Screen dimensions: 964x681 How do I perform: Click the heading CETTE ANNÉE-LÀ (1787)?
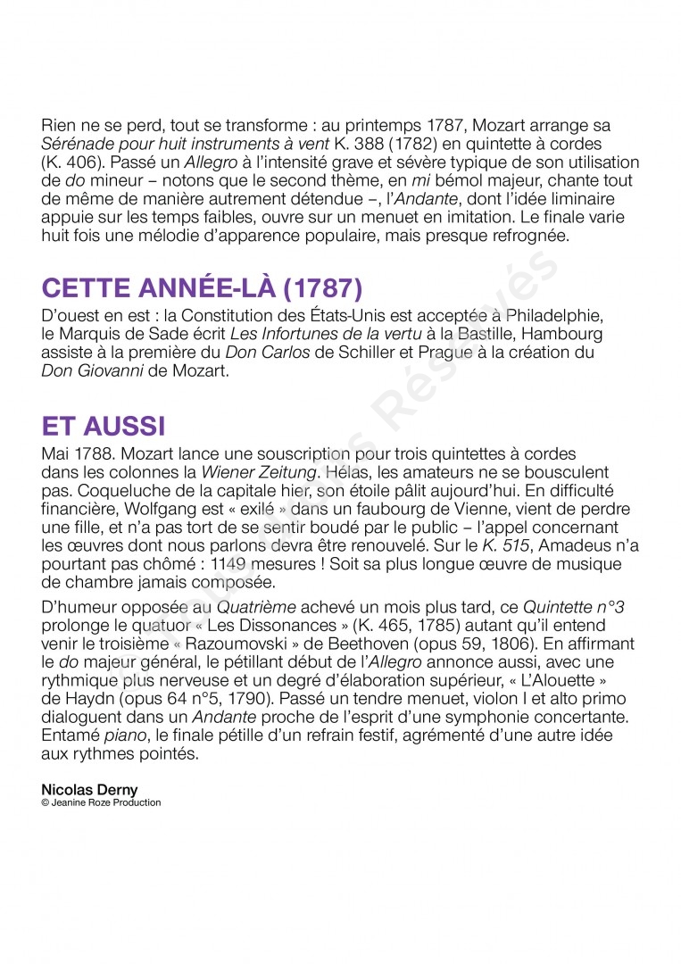pyautogui.click(x=202, y=289)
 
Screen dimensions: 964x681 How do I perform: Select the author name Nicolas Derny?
pyautogui.click(x=89, y=790)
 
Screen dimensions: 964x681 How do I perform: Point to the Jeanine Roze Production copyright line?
pyautogui.click(x=101, y=802)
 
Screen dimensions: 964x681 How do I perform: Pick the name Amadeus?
pyautogui.click(x=569, y=544)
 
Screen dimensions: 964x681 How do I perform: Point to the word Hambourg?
pyautogui.click(x=563, y=334)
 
